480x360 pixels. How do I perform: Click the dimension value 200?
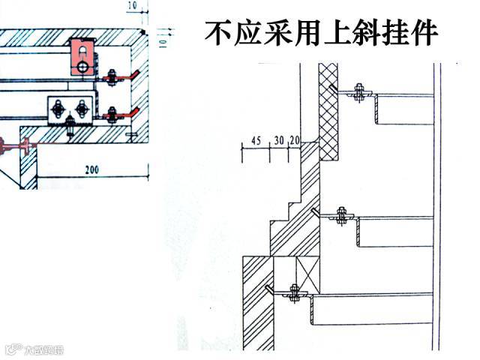(x=91, y=170)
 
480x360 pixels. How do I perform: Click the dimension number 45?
(x=256, y=139)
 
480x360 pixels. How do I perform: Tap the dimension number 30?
(x=278, y=139)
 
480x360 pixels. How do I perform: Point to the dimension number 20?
(x=294, y=139)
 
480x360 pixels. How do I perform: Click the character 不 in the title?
(x=218, y=34)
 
